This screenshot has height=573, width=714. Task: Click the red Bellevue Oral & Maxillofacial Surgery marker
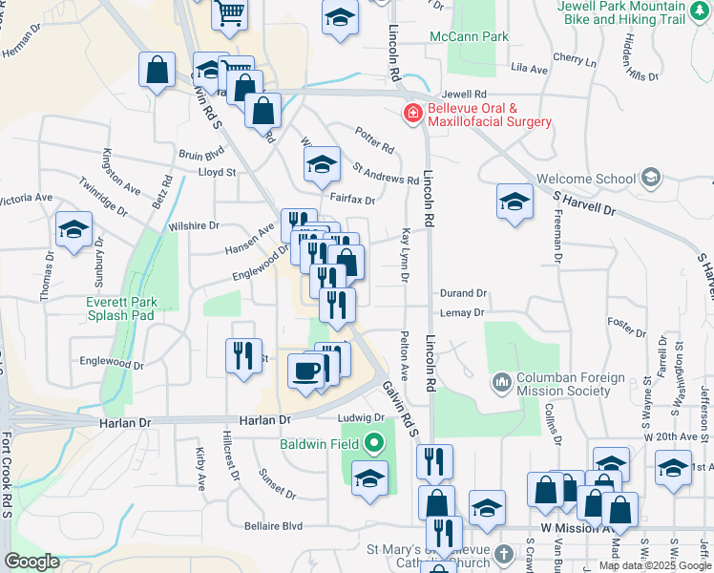[413, 115]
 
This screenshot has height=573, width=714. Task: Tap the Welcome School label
[585, 179]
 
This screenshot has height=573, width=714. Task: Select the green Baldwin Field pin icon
[372, 444]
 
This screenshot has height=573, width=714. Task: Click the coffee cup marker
[306, 371]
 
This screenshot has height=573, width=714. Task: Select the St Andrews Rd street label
[386, 175]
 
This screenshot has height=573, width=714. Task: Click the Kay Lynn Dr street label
[406, 254]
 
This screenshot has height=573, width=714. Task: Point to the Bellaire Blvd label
[272, 526]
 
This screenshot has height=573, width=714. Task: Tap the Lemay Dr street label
[463, 312]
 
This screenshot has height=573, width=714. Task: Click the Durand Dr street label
[463, 294]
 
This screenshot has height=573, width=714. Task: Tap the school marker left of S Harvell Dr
[514, 202]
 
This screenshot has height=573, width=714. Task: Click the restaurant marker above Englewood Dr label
[242, 355]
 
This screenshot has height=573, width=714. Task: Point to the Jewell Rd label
[465, 95]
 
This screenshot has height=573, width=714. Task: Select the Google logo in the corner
[31, 562]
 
